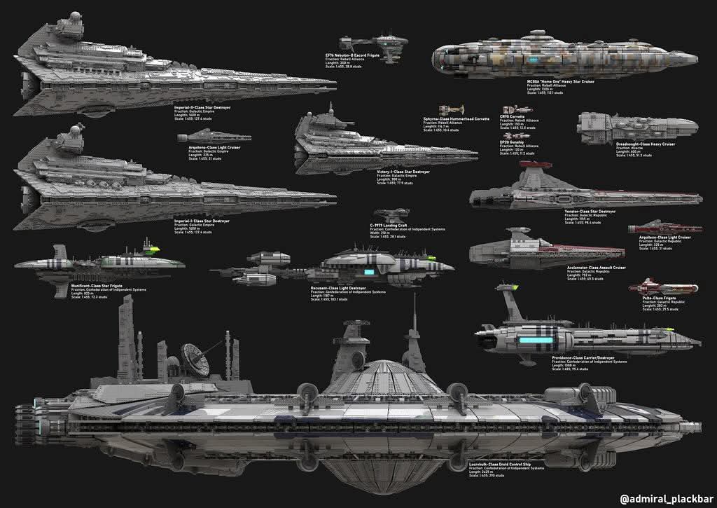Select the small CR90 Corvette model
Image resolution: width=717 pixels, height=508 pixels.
pos(516,109)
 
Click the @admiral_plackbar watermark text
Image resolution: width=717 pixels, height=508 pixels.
pos(664,499)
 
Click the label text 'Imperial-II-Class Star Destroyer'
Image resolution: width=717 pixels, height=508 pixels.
pos(202,108)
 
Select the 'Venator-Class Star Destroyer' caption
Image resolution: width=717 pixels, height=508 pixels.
pos(590,211)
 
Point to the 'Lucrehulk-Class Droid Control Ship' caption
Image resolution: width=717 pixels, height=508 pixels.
pos(501,463)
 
